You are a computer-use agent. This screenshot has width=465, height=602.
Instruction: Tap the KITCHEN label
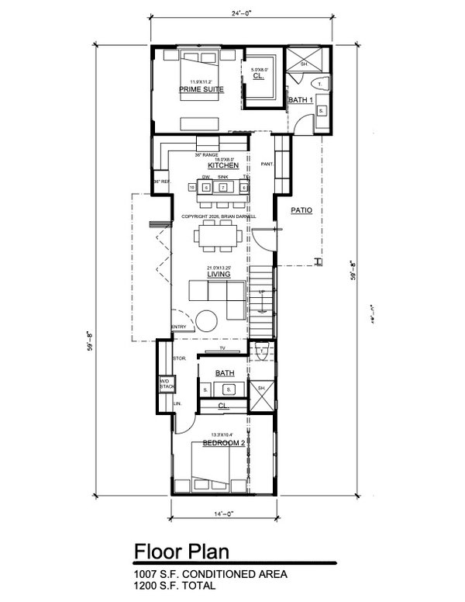(x=221, y=166)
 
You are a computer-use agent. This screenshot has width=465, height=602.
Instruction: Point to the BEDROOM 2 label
(x=223, y=442)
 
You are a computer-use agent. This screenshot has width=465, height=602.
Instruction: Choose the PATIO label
(x=301, y=209)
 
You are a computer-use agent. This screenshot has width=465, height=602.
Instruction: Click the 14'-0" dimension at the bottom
(x=222, y=513)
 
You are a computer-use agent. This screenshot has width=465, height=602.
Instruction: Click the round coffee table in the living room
(x=205, y=320)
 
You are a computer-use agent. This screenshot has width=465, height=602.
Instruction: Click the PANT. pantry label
(x=267, y=164)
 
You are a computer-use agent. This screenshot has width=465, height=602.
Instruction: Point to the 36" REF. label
(x=160, y=182)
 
